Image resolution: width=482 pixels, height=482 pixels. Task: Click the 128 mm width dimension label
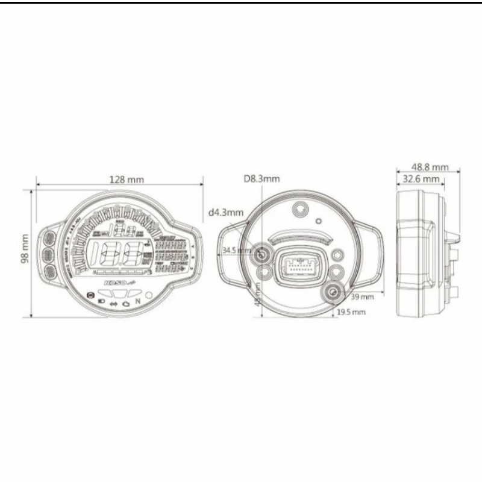127,179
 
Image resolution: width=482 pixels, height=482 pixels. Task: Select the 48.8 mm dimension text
430,167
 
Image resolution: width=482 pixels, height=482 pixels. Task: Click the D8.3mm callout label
261,179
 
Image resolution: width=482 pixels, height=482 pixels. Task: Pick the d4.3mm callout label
226,212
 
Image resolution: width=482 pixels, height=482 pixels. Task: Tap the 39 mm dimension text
361,297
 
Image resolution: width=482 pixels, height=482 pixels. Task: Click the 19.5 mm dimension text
351,312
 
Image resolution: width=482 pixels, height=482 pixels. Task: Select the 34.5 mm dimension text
237,250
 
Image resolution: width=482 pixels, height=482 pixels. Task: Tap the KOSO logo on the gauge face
115,281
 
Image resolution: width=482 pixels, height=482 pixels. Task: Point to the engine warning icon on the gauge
125,303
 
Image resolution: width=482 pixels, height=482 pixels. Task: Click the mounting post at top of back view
299,209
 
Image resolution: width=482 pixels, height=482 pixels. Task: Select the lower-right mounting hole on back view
333,293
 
